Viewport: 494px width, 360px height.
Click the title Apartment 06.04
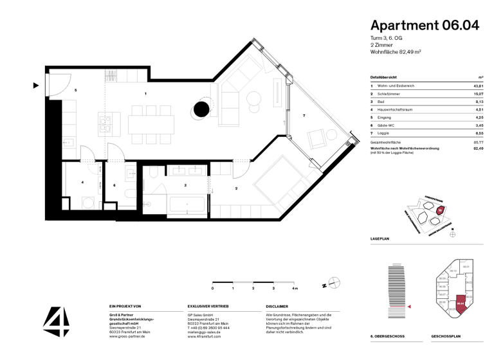pos(425,26)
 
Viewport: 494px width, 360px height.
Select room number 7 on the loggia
pos(304,116)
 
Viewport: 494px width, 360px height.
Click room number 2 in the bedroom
pos(237,188)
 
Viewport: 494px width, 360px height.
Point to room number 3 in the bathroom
pos(185,185)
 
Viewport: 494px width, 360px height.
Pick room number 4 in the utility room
pos(82,183)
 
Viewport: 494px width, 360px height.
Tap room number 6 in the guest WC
pos(114,185)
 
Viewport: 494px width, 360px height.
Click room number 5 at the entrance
pos(75,91)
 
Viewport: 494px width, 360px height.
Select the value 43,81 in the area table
pos(478,85)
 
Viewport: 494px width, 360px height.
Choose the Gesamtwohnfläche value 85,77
pos(478,141)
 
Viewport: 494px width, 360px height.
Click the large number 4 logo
pos(56,321)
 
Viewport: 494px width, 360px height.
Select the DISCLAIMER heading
pos(277,307)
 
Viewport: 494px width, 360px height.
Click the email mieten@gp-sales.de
pos(205,331)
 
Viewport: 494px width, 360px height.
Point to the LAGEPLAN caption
pos(380,238)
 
